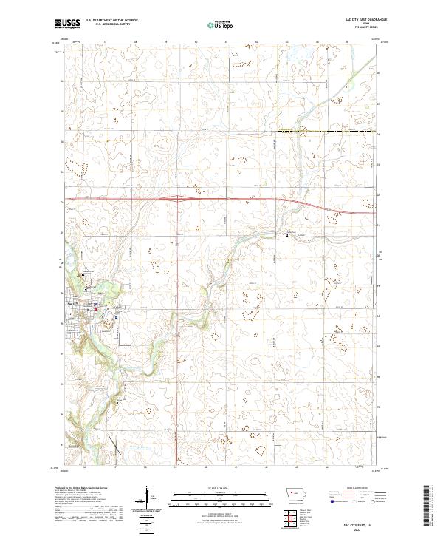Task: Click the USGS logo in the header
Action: click(67, 23)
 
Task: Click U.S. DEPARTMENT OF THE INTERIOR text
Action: click(112, 21)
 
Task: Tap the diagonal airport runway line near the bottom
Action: click(114, 445)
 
